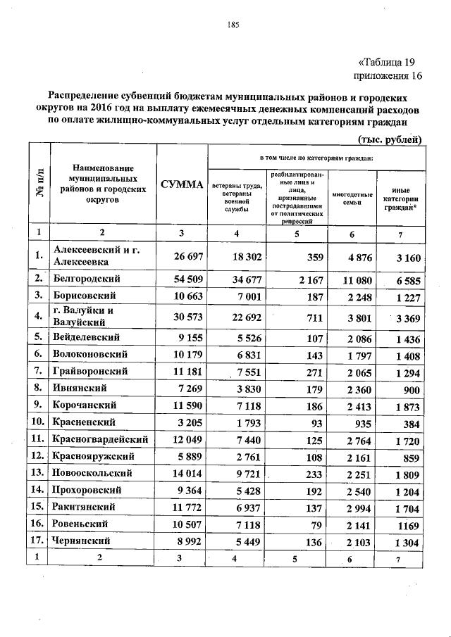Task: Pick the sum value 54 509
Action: pyautogui.click(x=182, y=280)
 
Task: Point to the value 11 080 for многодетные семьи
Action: pyautogui.click(x=349, y=280)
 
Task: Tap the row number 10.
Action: pyautogui.click(x=38, y=422)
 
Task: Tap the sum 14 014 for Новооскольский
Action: pyautogui.click(x=182, y=474)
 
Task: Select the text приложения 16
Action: pyautogui.click(x=387, y=75)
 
